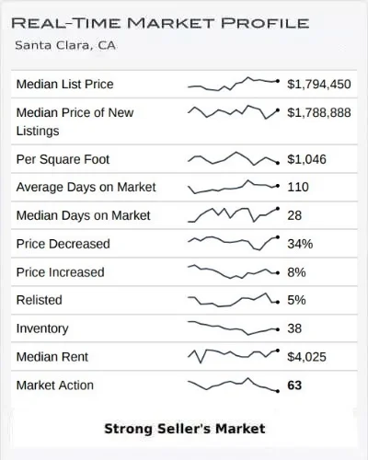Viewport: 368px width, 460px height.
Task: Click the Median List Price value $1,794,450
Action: point(319,85)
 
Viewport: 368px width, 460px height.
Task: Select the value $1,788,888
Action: point(319,113)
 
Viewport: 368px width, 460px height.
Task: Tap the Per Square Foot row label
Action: point(63,159)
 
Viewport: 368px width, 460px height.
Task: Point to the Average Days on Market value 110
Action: point(298,187)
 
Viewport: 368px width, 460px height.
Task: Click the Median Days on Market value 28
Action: point(294,215)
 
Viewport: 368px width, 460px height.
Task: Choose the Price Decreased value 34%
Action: point(300,244)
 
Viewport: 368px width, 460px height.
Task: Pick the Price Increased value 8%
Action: point(296,272)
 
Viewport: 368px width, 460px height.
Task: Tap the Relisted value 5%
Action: point(296,300)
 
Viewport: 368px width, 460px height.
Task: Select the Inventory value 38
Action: point(294,328)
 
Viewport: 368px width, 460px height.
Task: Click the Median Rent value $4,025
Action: point(306,357)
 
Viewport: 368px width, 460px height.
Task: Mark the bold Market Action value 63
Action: point(294,385)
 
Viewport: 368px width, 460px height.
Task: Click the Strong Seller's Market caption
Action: point(185,429)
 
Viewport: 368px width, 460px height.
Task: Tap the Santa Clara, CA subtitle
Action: point(65,45)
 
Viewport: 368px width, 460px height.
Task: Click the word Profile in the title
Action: point(265,23)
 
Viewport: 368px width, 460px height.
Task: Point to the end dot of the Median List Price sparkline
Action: point(278,81)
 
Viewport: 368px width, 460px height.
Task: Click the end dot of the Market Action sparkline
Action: point(278,391)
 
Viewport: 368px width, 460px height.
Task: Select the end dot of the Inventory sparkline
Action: point(278,329)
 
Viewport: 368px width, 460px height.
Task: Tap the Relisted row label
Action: point(40,300)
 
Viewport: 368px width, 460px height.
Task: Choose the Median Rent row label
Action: point(52,357)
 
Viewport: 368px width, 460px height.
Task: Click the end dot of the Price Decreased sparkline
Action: point(278,237)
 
